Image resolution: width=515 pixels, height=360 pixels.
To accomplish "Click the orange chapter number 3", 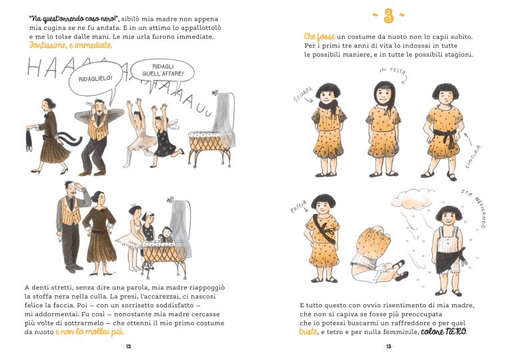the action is pos(388,16).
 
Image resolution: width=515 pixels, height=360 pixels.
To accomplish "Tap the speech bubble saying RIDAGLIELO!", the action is pos(95,79).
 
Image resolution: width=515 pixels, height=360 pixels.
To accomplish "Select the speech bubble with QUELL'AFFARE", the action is pos(163,71).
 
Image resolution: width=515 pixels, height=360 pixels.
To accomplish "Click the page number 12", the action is pos(129,346).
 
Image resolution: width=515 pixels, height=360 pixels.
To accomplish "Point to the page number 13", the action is pos(388,346).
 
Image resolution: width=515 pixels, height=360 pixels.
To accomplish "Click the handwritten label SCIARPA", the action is pos(303,95).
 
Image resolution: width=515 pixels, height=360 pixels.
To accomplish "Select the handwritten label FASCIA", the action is pos(298,206).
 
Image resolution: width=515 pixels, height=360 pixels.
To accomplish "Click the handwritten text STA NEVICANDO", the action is pos(475,207).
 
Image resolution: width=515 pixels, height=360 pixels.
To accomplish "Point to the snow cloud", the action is pos(413,197).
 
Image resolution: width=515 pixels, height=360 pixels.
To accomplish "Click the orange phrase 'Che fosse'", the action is pos(320,37).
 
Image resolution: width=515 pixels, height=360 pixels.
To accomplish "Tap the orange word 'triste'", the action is pos(308,331).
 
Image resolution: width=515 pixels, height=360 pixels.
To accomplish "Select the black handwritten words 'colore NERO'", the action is pos(444,331).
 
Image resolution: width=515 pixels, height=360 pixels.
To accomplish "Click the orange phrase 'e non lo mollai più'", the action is pos(89,332).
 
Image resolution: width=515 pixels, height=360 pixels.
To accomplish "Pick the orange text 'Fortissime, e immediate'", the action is pos(70,45).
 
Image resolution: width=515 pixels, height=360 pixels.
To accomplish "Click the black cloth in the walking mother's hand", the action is pos(29,140).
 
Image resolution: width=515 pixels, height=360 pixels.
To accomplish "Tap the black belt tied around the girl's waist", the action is pos(446,137).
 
